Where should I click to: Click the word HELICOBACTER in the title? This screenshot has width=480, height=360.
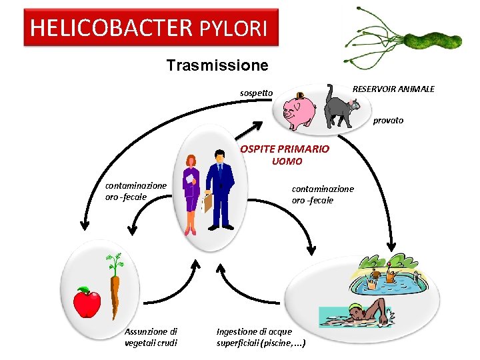pyautogui.click(x=111, y=28)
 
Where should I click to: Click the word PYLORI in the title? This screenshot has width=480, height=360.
pyautogui.click(x=233, y=28)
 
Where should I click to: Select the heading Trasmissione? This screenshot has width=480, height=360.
pyautogui.click(x=217, y=65)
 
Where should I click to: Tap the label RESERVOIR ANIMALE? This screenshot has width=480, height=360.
pyautogui.click(x=393, y=89)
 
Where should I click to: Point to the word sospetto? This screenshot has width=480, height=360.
pyautogui.click(x=256, y=93)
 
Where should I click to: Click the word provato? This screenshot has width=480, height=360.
pyautogui.click(x=388, y=121)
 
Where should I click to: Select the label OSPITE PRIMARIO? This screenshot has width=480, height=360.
pyautogui.click(x=285, y=149)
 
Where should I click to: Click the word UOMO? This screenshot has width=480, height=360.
pyautogui.click(x=287, y=161)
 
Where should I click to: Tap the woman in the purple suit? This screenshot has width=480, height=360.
pyautogui.click(x=191, y=192)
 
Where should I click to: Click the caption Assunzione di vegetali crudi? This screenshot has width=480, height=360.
pyautogui.click(x=151, y=337)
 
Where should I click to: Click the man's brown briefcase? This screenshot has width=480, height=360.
pyautogui.click(x=207, y=201)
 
